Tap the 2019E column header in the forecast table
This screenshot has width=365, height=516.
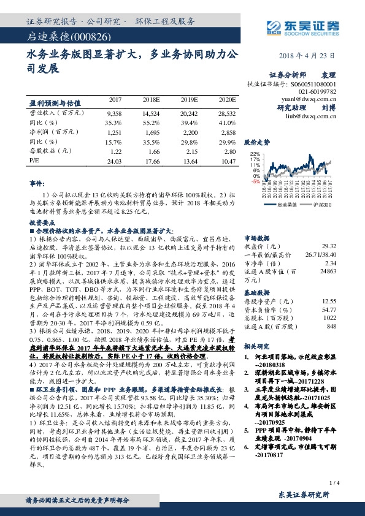[x=189, y=99]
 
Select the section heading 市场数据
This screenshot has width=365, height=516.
[x=258, y=236]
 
